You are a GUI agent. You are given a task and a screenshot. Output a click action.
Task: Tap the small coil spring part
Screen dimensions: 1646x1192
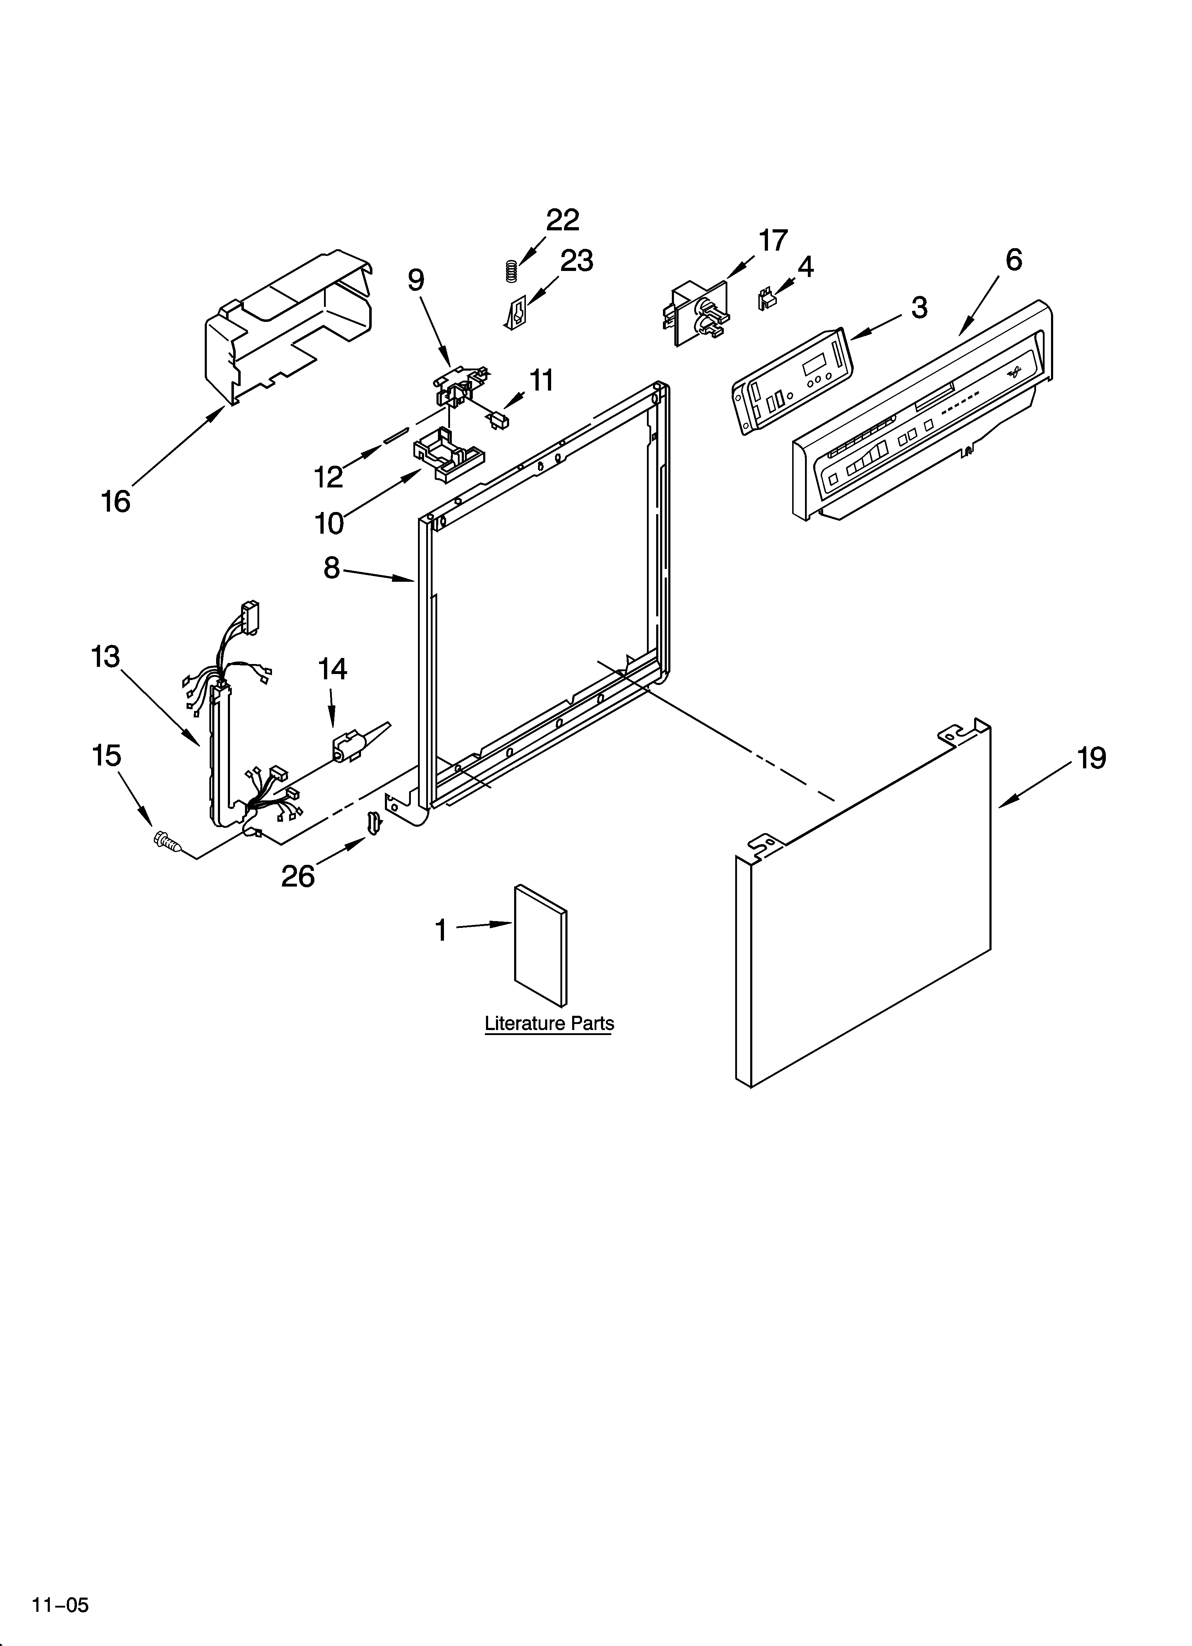coord(511,271)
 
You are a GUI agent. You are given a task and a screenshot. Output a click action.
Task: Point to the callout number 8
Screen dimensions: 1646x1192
coord(332,568)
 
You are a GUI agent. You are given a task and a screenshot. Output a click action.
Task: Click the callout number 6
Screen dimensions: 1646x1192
coord(1014,260)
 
